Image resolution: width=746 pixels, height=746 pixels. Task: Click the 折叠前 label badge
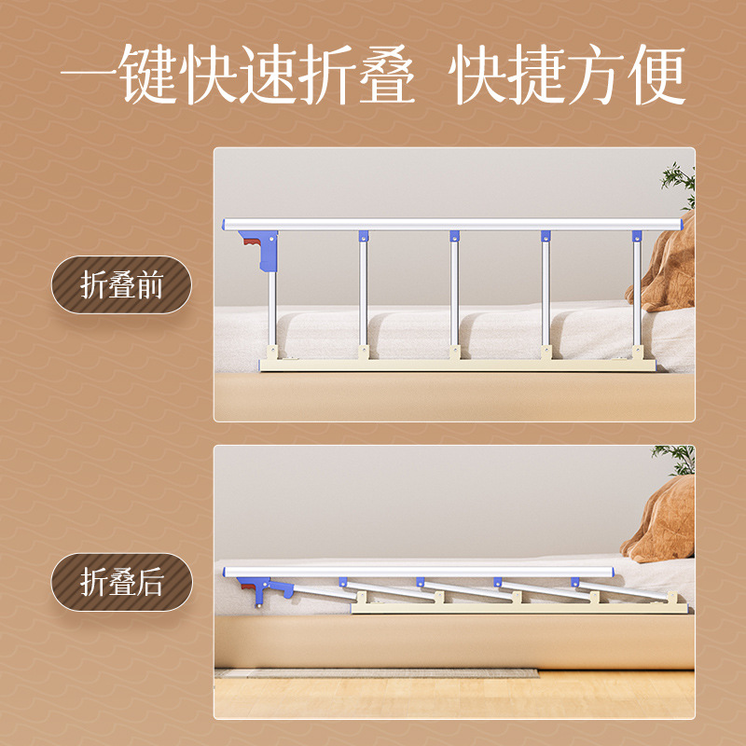coord(121,284)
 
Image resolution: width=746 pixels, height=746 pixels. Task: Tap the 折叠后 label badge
coord(121,583)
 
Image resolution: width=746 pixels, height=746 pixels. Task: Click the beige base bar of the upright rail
coord(457,364)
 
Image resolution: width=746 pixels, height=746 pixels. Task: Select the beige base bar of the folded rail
coord(522,608)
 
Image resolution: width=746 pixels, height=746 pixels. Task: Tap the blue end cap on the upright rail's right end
coord(685,225)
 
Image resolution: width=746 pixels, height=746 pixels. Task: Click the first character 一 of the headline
coord(88,76)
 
